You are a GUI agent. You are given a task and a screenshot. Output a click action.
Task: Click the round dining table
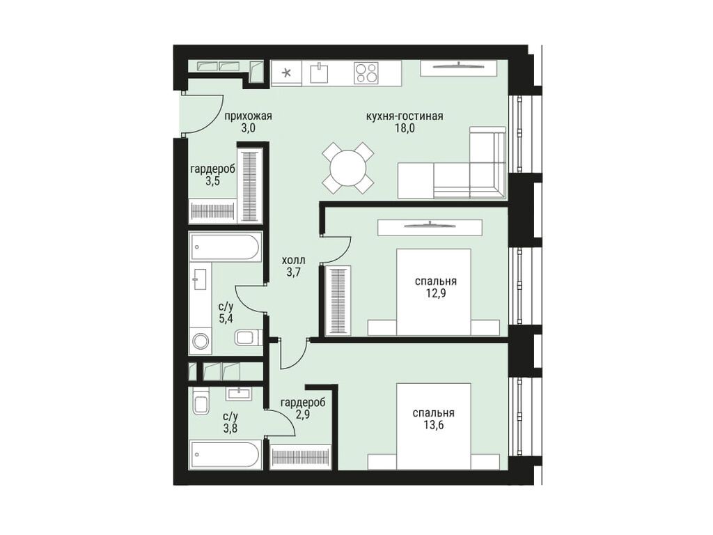pyautogui.click(x=347, y=168)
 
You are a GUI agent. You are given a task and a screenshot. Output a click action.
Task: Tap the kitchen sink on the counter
pyautogui.click(x=320, y=72)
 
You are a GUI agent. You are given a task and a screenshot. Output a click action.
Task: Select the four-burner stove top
pyautogui.click(x=366, y=72)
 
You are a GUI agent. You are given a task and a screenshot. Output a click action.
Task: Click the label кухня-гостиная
pyautogui.click(x=405, y=116)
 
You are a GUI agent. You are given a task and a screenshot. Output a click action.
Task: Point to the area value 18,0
pyautogui.click(x=405, y=128)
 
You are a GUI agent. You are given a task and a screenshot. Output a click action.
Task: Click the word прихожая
pyautogui.click(x=247, y=116)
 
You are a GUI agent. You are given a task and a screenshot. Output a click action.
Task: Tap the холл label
pyautogui.click(x=293, y=260)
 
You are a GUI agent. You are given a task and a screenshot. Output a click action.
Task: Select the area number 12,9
pyautogui.click(x=435, y=293)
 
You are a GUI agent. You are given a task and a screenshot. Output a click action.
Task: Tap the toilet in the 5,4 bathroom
pyautogui.click(x=246, y=338)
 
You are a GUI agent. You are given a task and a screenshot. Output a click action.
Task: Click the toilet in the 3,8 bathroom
pyautogui.click(x=201, y=404)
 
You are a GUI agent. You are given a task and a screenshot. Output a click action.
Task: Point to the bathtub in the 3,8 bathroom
pyautogui.click(x=224, y=455)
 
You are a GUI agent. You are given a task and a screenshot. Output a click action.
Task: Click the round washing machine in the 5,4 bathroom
pyautogui.click(x=201, y=341)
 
